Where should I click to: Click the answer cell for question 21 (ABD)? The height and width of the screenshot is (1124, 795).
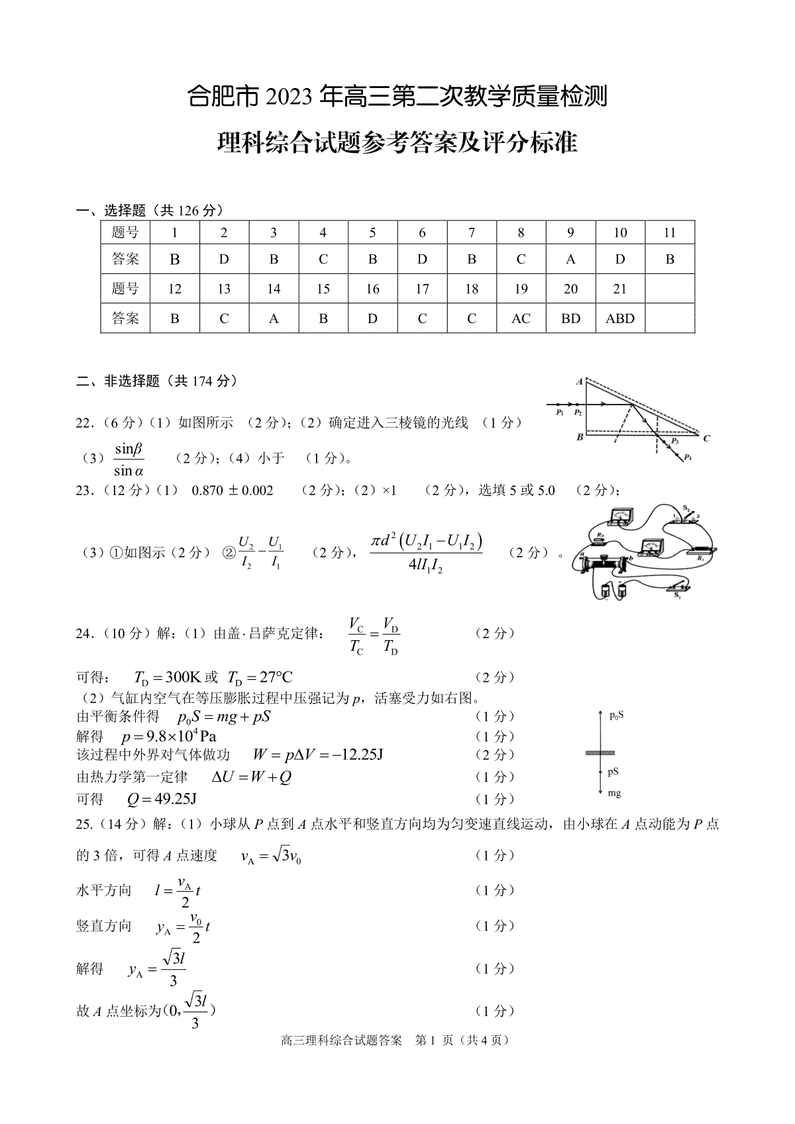(x=620, y=318)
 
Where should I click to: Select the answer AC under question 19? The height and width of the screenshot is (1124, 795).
(x=521, y=318)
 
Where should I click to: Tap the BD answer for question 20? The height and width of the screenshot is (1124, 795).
(x=570, y=318)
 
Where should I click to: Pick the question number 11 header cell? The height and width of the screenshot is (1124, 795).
(x=670, y=232)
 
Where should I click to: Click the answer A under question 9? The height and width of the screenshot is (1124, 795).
(x=570, y=259)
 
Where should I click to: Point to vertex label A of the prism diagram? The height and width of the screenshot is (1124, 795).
(x=579, y=381)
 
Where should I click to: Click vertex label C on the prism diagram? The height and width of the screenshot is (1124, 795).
(x=707, y=438)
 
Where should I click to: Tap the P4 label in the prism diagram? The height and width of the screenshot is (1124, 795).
(x=688, y=457)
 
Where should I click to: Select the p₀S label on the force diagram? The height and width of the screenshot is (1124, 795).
(x=616, y=715)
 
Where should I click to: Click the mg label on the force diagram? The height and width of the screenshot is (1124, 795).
(x=614, y=793)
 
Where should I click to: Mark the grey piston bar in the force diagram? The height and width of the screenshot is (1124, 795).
(x=600, y=753)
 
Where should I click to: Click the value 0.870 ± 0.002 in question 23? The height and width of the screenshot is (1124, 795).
(x=232, y=491)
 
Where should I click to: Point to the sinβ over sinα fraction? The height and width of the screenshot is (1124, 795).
(x=129, y=460)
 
